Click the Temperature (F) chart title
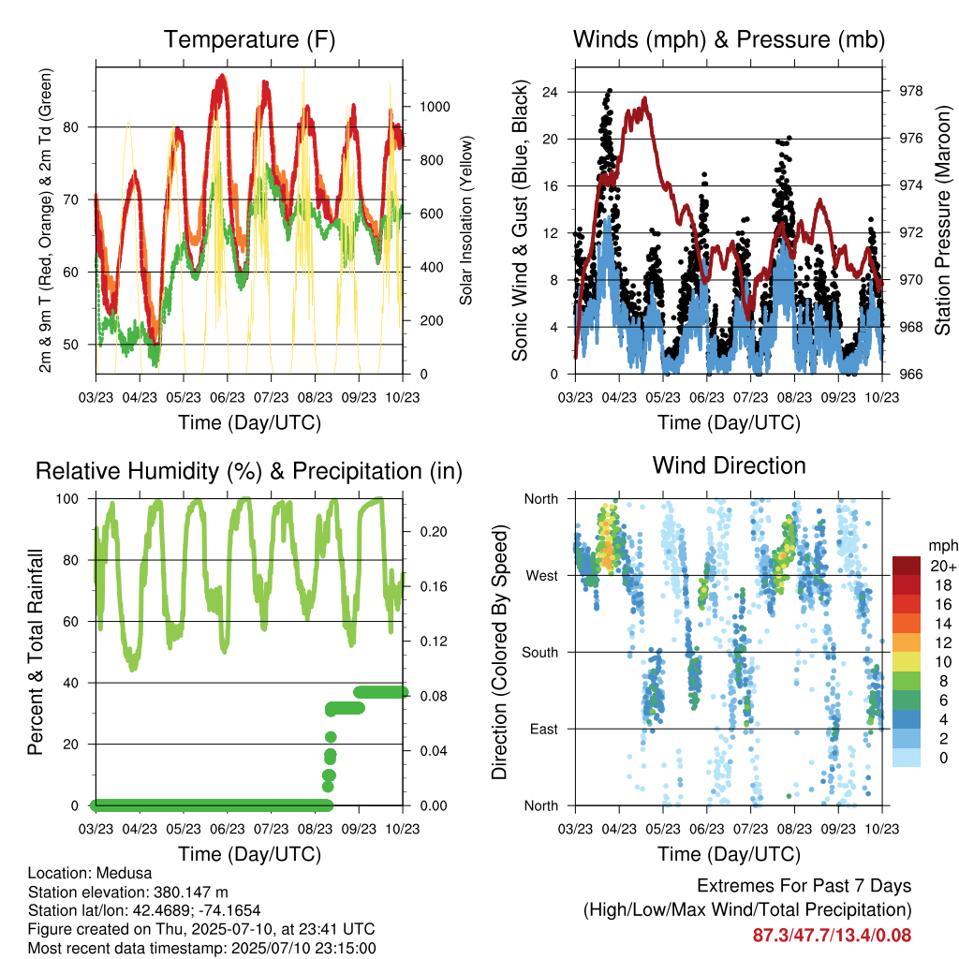[249, 39]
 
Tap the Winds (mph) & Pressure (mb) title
[729, 39]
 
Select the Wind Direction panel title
[729, 465]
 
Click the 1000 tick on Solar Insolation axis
[435, 107]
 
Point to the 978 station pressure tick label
[910, 91]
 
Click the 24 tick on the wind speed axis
[550, 93]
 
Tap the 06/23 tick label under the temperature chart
[228, 397]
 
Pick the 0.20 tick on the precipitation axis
[434, 532]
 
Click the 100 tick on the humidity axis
[67, 499]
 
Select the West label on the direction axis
[542, 576]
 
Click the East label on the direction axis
[544, 729]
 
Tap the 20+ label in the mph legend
[943, 566]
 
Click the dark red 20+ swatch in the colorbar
[907, 566]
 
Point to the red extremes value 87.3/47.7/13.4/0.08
[832, 936]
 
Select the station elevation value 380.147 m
[191, 893]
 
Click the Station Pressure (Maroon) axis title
[942, 220]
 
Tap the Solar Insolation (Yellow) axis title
[466, 220]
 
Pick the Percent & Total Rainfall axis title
[36, 652]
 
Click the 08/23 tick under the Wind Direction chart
[794, 829]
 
